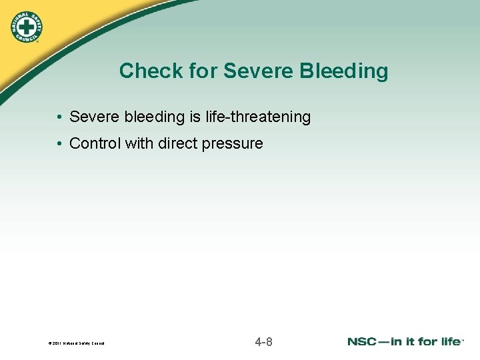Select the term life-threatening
click(x=257, y=117)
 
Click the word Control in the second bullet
click(x=95, y=143)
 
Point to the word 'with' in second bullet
click(x=138, y=143)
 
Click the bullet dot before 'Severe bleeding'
click(x=60, y=117)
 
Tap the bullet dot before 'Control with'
click(x=60, y=144)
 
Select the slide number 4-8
click(x=263, y=342)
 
